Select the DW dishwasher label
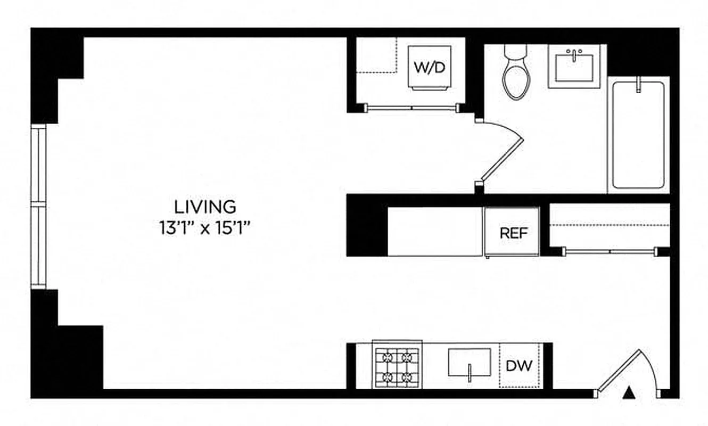(519, 366)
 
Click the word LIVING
(205, 206)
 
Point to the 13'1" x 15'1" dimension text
(205, 228)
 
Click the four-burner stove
(397, 366)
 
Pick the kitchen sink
(470, 362)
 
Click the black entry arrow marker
(630, 393)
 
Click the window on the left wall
(38, 207)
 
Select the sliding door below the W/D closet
(411, 108)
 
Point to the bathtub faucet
(638, 85)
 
